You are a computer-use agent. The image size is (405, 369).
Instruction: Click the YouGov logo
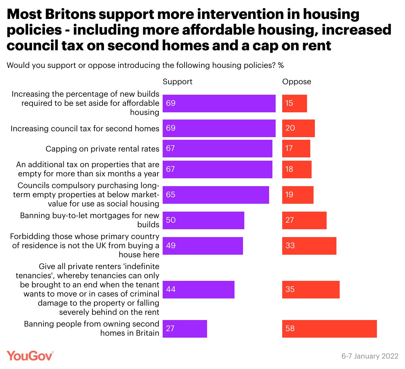tap(30, 356)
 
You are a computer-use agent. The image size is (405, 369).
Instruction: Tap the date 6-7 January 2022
tap(370, 356)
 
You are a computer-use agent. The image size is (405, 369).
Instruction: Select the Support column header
tap(177, 82)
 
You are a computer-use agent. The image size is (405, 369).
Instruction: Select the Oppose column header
tap(297, 82)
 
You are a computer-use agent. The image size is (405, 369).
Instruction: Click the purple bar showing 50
tap(203, 220)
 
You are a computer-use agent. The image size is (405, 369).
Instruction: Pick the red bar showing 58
tap(329, 329)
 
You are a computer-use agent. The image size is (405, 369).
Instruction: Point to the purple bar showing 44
tap(198, 290)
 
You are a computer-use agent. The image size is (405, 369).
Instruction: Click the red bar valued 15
tap(294, 104)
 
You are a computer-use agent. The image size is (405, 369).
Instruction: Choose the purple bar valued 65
tap(216, 195)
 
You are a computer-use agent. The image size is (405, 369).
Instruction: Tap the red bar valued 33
tap(309, 246)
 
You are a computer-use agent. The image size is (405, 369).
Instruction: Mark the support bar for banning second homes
tap(185, 329)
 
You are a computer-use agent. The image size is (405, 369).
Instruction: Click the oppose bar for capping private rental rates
tap(296, 149)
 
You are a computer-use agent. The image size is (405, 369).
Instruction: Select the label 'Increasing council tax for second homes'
tap(85, 129)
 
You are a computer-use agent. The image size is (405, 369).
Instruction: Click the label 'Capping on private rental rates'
tap(102, 149)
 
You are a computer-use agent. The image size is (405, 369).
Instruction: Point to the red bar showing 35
tap(311, 290)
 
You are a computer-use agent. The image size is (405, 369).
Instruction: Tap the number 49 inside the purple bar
tap(171, 246)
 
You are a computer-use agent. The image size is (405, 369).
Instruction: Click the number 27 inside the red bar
tap(290, 220)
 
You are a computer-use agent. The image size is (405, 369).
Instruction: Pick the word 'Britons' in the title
tap(70, 14)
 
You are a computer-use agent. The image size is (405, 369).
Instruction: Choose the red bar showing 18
tap(297, 169)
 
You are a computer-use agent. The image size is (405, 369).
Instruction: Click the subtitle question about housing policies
tap(145, 65)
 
